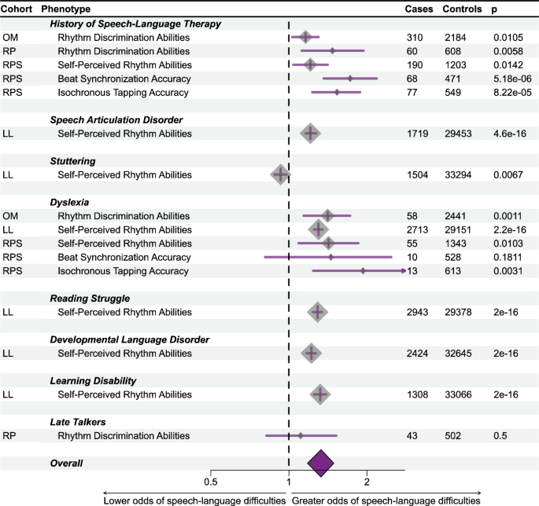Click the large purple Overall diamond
point(320,464)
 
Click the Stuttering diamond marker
point(280,174)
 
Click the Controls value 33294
point(457,174)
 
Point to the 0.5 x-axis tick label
point(211,481)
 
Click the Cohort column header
point(19,9)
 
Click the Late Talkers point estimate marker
point(300,435)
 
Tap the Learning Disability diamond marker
point(319,394)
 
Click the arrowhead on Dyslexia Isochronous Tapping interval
point(404,271)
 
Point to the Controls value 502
point(453,435)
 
